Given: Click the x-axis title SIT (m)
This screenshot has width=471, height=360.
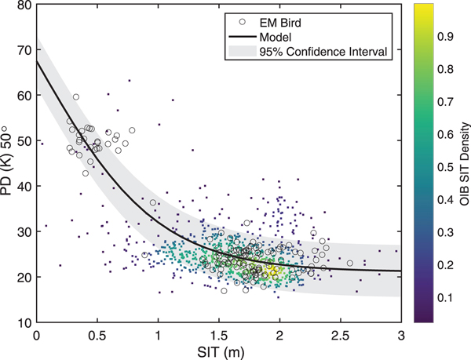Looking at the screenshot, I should [218, 351].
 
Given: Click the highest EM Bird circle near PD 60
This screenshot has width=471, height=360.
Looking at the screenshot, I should [76, 97].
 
